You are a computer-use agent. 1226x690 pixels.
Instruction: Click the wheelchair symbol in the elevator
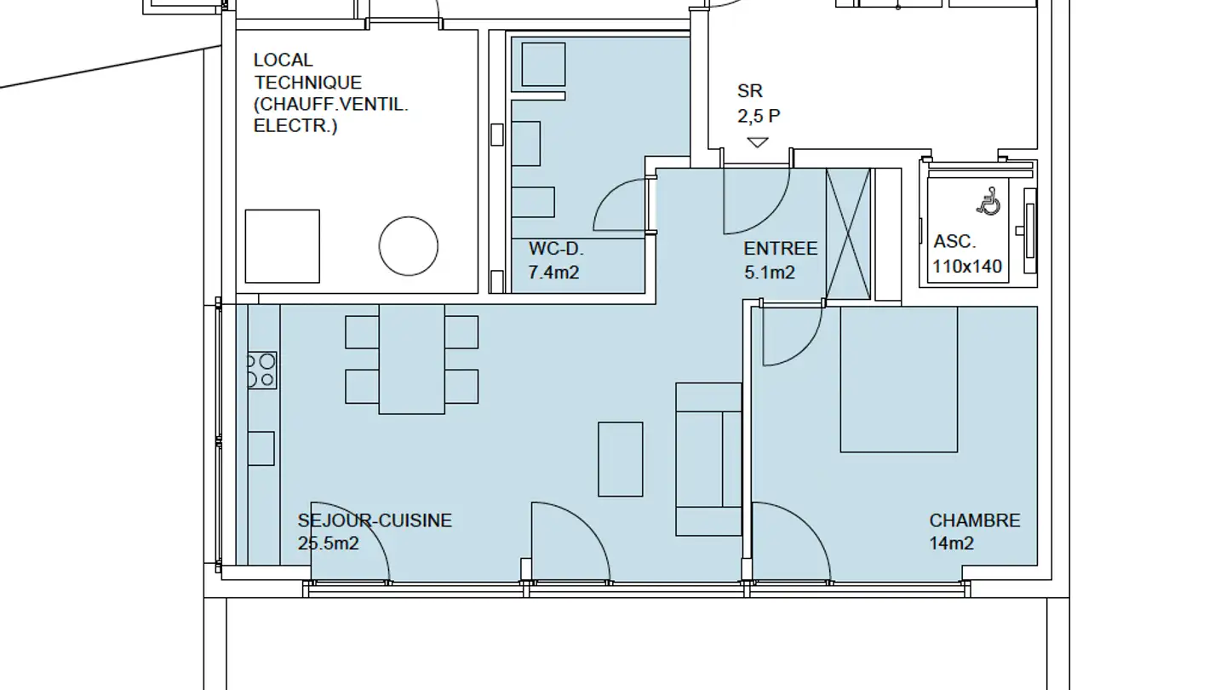point(988,201)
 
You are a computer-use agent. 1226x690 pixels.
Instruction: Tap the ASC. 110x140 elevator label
point(967,254)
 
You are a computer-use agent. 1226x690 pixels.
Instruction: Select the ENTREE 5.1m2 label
point(781,261)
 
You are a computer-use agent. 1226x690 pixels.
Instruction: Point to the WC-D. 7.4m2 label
point(556,261)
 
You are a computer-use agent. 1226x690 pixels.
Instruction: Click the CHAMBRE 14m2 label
point(975,532)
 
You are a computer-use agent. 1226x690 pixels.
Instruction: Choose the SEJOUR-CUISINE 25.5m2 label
point(375,532)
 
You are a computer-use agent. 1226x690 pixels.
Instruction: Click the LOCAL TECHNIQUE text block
point(331,93)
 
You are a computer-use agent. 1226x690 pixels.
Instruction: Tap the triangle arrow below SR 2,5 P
point(758,142)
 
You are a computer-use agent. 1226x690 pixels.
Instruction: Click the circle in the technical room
point(409,246)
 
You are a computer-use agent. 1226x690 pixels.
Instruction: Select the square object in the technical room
point(283,246)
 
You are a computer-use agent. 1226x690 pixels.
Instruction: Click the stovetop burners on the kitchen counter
point(261,371)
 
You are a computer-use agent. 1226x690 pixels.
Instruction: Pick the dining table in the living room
point(411,359)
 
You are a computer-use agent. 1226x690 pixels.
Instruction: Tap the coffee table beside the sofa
point(620,459)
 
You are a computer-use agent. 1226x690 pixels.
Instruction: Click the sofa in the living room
point(708,459)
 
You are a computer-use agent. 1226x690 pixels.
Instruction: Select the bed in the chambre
point(899,380)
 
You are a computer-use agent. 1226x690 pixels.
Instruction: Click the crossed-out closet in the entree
point(848,233)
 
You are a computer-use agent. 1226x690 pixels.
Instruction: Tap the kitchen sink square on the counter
point(261,448)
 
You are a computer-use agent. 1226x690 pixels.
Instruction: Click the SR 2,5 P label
point(759,103)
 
